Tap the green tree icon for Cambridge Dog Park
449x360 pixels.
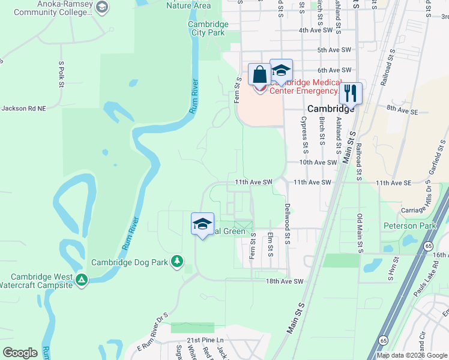pyautogui.click(x=177, y=261)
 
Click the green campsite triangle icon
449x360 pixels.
pyautogui.click(x=82, y=279)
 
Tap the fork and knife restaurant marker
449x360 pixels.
pyautogui.click(x=351, y=94)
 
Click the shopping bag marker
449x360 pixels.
pyautogui.click(x=259, y=75)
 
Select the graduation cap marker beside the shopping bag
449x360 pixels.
pyautogui.click(x=281, y=70)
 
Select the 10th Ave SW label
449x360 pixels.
pyautogui.click(x=319, y=163)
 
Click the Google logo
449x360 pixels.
pyautogui.click(x=20, y=353)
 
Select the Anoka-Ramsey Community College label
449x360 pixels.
pyautogui.click(x=52, y=8)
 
